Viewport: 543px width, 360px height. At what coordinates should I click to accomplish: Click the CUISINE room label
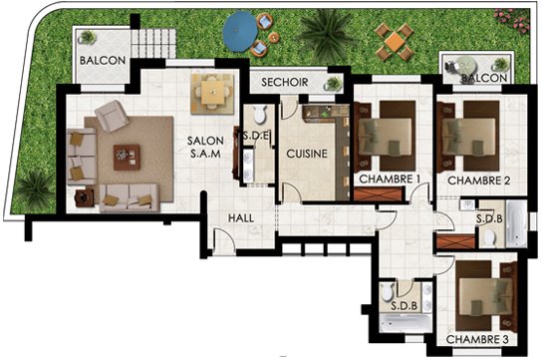click(x=307, y=154)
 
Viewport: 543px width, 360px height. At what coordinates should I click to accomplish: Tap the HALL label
click(x=241, y=218)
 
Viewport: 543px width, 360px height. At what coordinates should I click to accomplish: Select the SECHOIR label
click(x=285, y=82)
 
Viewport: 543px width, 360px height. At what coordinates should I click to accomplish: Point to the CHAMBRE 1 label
click(x=390, y=180)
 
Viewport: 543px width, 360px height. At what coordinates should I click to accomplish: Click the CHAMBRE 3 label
click(x=477, y=340)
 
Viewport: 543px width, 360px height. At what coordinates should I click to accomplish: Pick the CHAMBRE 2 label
click(x=479, y=180)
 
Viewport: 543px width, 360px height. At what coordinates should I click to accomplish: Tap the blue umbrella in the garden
click(x=240, y=31)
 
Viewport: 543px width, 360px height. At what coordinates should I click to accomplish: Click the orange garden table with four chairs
click(x=395, y=42)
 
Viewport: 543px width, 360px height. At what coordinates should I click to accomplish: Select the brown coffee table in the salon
click(x=127, y=158)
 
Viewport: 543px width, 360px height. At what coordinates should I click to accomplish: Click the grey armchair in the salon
click(x=112, y=116)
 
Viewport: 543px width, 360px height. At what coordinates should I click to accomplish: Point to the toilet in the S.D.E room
click(x=259, y=115)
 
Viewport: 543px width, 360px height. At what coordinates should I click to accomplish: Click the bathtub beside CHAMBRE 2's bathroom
click(x=516, y=224)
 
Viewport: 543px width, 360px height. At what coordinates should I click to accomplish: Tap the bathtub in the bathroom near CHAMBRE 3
click(x=406, y=323)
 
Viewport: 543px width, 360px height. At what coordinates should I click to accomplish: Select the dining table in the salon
click(x=212, y=93)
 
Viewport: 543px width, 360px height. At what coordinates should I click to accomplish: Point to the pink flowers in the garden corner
click(x=513, y=20)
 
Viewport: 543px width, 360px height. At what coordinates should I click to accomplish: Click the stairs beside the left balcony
click(x=153, y=43)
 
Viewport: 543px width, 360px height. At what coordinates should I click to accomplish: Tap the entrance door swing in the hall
click(x=224, y=239)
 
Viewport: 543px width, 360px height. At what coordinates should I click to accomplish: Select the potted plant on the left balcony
click(x=87, y=37)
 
